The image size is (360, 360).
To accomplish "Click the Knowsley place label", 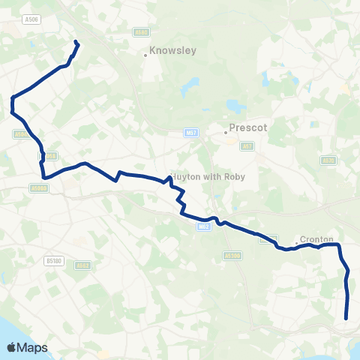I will [x=172, y=52].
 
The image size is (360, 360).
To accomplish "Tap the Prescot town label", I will [x=248, y=128].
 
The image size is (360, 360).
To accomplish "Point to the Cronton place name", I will [x=316, y=239].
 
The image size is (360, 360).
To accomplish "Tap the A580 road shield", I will [x=142, y=33].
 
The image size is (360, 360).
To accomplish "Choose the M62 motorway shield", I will [x=204, y=226].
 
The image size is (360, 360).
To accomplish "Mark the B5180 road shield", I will [x=52, y=260].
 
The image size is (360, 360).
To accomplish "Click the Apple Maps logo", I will [x=27, y=347].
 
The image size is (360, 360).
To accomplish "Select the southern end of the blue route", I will [x=346, y=318].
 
